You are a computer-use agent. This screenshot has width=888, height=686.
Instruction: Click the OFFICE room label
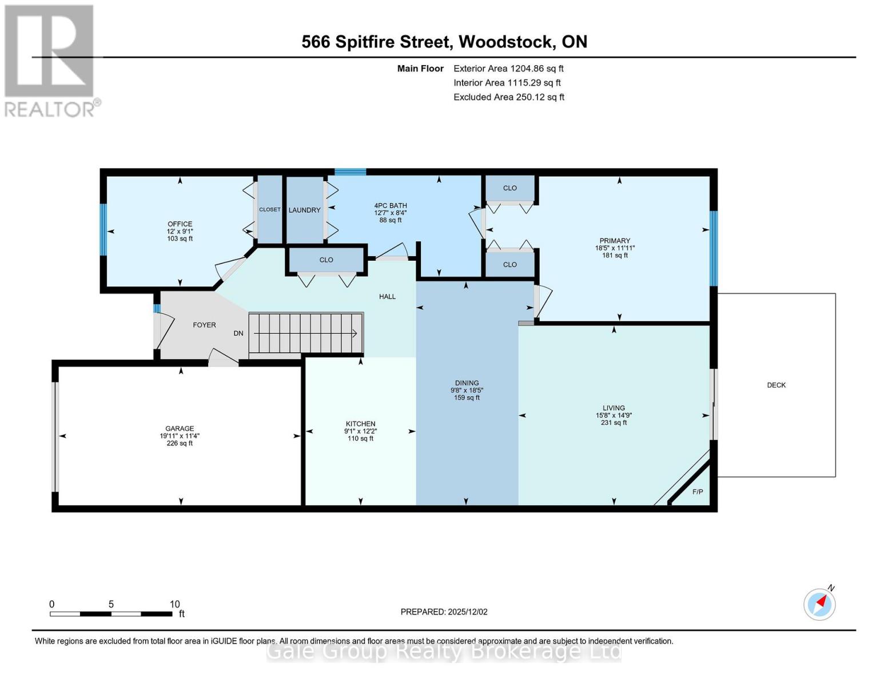click(x=180, y=224)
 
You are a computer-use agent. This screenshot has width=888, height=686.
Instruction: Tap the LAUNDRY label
click(x=304, y=210)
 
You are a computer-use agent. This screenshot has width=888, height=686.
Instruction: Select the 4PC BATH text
click(x=391, y=206)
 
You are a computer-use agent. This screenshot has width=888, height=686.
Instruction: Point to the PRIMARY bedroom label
click(x=615, y=241)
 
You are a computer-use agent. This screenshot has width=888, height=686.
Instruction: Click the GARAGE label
click(x=180, y=428)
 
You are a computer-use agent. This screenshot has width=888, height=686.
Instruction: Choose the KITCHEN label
click(x=360, y=424)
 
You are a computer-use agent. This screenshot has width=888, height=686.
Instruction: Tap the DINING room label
click(x=467, y=383)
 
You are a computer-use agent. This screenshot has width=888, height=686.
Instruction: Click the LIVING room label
click(x=614, y=408)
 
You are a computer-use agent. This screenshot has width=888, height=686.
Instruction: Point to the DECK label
click(x=776, y=385)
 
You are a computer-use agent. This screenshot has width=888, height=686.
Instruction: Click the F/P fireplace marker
click(x=698, y=492)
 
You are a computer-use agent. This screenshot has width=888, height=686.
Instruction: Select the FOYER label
click(x=204, y=325)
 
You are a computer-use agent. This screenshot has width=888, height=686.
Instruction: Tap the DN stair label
click(x=238, y=333)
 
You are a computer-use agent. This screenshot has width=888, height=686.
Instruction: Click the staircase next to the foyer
click(x=306, y=333)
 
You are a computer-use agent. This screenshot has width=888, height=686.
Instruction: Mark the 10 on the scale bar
click(x=175, y=604)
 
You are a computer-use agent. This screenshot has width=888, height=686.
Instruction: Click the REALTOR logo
click(x=50, y=60)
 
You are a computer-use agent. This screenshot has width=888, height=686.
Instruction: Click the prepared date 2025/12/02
click(x=468, y=612)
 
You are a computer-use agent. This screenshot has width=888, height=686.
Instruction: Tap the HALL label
click(x=387, y=296)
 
